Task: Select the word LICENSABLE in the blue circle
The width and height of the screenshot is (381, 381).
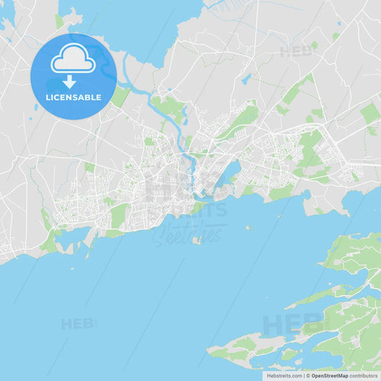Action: coord(73,97)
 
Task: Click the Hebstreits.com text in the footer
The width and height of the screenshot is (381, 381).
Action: coord(284,375)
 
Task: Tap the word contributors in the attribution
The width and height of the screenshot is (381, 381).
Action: coord(364,375)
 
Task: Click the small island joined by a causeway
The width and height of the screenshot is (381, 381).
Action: coord(197,240)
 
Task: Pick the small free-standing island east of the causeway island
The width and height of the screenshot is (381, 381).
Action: coord(249,227)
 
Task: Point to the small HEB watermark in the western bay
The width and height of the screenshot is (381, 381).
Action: coord(77,324)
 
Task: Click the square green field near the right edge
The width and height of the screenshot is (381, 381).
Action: coord(370,113)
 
